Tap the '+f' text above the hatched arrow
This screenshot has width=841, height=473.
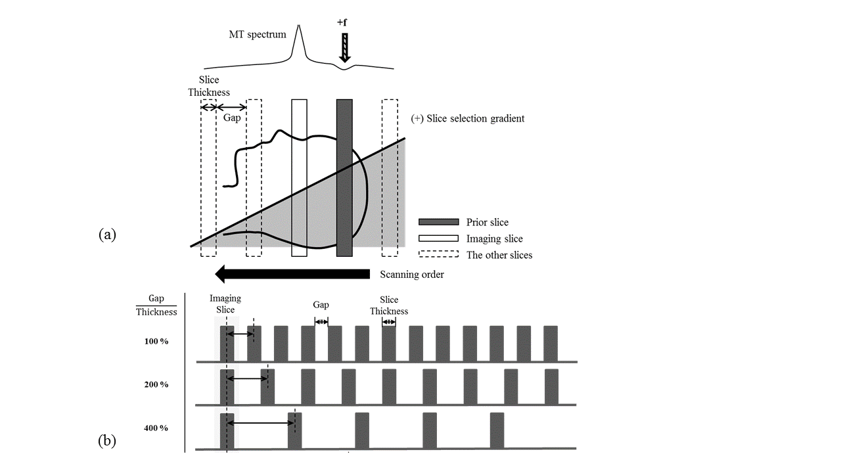(342, 22)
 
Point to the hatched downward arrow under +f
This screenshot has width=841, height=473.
(343, 47)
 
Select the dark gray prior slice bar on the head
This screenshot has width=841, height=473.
(344, 177)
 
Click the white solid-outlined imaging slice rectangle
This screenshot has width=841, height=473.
(299, 177)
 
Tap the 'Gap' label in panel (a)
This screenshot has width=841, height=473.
(231, 117)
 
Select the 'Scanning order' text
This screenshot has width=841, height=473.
(412, 274)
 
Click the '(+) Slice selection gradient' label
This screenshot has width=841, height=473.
(468, 119)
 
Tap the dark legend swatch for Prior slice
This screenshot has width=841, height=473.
(438, 222)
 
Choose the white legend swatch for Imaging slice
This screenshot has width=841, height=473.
(438, 238)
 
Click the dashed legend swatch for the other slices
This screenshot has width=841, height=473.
(438, 254)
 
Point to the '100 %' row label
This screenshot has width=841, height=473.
(156, 341)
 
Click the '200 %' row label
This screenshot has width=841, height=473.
(156, 384)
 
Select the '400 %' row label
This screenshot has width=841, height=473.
(156, 428)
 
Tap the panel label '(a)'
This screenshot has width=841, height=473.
(107, 234)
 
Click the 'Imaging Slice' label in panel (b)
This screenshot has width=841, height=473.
(225, 304)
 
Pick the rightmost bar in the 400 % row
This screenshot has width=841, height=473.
(497, 430)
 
